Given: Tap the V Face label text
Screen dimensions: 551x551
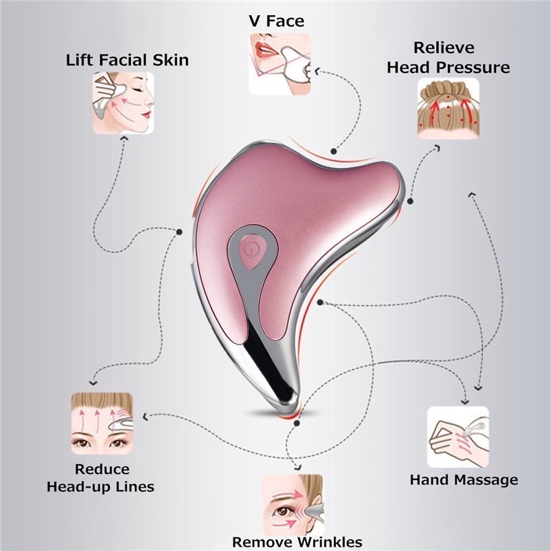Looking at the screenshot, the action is [x=276, y=21].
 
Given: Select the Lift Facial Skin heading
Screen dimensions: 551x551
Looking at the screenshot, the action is [x=127, y=60].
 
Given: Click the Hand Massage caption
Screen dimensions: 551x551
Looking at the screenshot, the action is [x=464, y=479].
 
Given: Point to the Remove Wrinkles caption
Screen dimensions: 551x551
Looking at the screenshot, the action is [x=297, y=541].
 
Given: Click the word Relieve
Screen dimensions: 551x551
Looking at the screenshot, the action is [x=444, y=48].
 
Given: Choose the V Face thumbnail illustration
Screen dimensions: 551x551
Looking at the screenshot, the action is [x=280, y=64].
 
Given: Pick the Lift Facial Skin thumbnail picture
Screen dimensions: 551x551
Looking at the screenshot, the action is [x=123, y=103].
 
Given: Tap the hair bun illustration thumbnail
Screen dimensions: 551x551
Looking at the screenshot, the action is [x=448, y=109].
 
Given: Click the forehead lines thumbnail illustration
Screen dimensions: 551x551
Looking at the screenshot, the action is [x=102, y=424].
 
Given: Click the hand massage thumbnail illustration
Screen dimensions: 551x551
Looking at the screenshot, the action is [x=458, y=437].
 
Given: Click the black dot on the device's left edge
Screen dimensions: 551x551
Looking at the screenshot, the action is [x=179, y=232].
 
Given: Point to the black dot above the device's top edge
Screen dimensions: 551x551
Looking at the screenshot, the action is [x=333, y=151].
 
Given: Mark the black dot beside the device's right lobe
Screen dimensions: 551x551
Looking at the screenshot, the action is [x=410, y=201].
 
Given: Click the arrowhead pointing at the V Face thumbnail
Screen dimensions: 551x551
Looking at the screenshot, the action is [x=317, y=72].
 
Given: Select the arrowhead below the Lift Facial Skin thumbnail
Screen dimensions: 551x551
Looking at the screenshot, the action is [x=124, y=138].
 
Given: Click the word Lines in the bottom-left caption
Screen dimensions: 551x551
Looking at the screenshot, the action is [x=135, y=487].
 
